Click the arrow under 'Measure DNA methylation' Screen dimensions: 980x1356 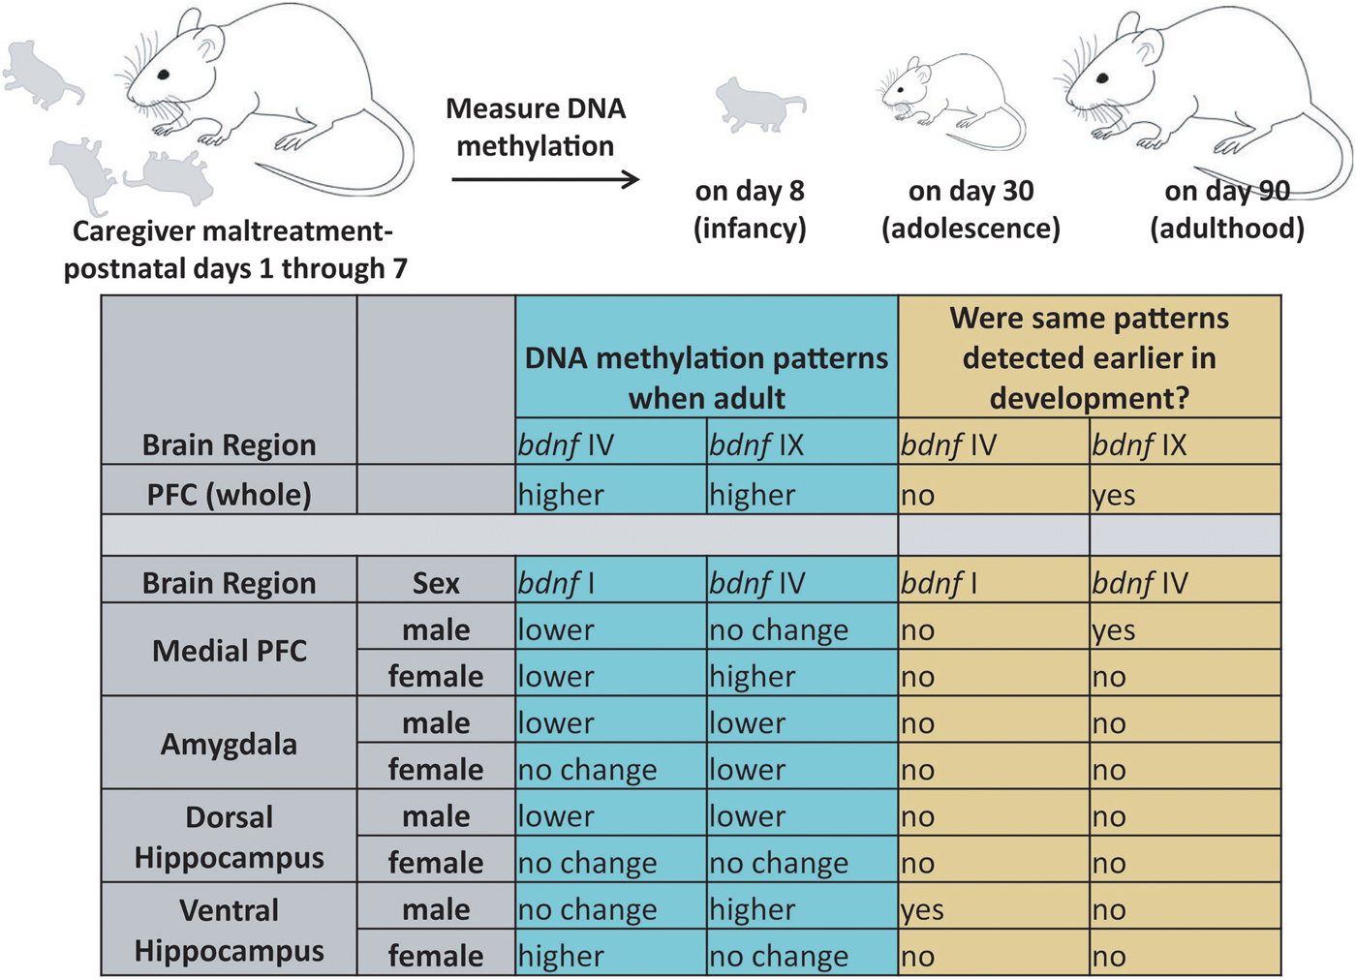[545, 179]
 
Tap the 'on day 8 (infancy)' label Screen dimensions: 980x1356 [750, 209]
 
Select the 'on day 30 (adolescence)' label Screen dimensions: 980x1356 [971, 209]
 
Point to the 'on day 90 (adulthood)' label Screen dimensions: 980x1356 [1227, 209]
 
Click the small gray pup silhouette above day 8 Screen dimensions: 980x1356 [758, 105]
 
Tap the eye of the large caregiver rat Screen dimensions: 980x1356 [164, 75]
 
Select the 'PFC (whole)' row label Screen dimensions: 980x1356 [230, 494]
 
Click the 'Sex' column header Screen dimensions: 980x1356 [436, 583]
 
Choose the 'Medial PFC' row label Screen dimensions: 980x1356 [230, 651]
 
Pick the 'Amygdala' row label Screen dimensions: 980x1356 [230, 744]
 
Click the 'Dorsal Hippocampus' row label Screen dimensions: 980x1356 [230, 837]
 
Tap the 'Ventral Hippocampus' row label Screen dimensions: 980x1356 [230, 930]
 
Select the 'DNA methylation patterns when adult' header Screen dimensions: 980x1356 [706, 378]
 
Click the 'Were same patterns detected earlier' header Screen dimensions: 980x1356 [1090, 357]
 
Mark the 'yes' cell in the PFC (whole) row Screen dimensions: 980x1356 [1114, 495]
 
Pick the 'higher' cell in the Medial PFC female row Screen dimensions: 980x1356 [753, 676]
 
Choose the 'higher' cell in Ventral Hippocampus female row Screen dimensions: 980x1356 [561, 956]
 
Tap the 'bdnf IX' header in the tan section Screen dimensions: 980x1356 [1139, 444]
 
